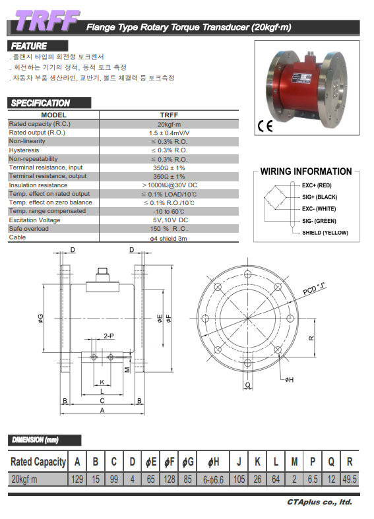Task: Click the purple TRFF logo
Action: point(47,21)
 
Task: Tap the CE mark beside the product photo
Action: point(265,126)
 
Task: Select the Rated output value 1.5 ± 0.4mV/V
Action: point(169,133)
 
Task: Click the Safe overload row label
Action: point(29,229)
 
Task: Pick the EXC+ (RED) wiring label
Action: point(317,185)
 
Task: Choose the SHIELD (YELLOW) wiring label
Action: point(325,233)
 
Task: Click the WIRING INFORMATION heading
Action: point(306,171)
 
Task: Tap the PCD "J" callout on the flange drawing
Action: point(314,288)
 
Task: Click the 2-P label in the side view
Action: point(109,336)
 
